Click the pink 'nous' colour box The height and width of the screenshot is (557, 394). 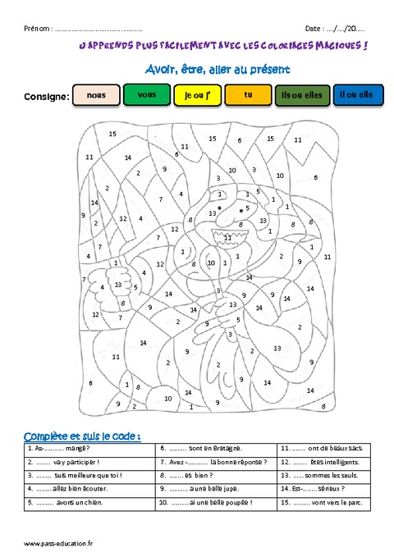coord(97,95)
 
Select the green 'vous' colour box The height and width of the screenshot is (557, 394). coord(147,95)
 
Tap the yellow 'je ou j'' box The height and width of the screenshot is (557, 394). coord(197,96)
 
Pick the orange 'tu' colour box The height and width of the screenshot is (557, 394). coord(247,95)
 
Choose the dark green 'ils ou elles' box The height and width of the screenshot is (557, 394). coord(302,96)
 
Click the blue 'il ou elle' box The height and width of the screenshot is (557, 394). coord(355,96)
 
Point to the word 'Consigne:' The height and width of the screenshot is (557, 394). coord(46,97)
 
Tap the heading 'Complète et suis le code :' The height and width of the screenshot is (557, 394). coord(82,435)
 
